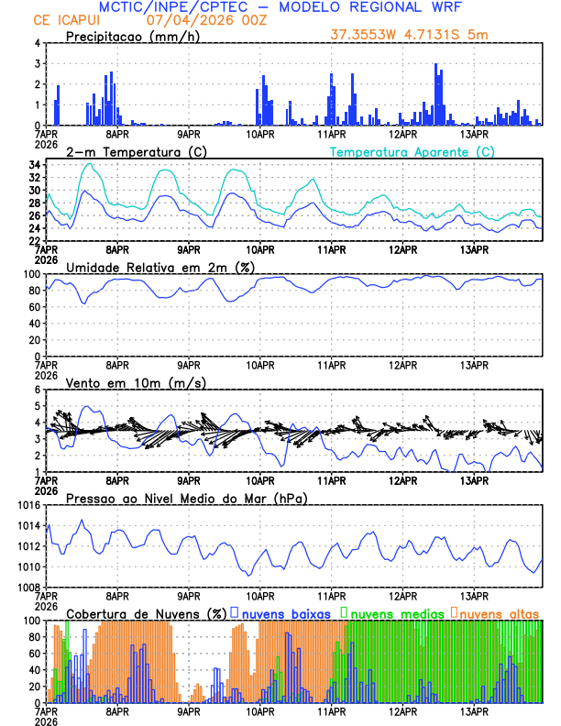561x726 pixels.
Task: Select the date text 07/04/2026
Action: point(183,20)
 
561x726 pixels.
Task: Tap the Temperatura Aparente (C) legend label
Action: point(412,151)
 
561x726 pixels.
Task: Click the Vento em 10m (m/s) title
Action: point(136,382)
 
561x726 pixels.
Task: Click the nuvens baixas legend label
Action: point(285,613)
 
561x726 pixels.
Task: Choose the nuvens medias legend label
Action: point(398,613)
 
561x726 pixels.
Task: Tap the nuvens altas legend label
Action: point(500,613)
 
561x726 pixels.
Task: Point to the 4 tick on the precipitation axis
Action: point(37,43)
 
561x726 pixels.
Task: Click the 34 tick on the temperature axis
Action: point(34,165)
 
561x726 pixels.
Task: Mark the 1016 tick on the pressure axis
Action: point(27,505)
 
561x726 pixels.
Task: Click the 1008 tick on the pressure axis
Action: point(27,588)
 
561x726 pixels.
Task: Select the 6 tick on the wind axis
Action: point(37,390)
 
